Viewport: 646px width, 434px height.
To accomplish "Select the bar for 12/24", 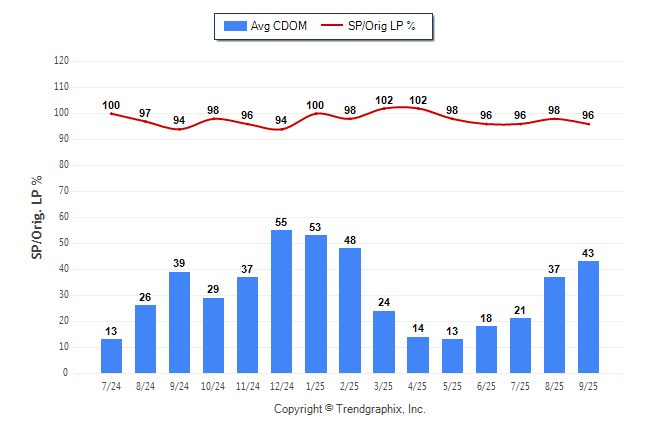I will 282,301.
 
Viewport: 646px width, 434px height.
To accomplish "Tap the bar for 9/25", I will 588,317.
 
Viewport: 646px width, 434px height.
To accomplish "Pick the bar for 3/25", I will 384,341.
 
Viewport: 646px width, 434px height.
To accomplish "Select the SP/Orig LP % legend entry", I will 377,25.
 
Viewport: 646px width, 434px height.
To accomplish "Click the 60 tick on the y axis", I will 64,217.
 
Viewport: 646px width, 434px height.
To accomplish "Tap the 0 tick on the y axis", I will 66,373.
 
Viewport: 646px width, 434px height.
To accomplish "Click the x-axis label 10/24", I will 214,386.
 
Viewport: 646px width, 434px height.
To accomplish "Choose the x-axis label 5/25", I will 452,386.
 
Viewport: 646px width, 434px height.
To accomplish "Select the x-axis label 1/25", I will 316,386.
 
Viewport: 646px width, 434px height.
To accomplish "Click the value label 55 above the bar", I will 282,222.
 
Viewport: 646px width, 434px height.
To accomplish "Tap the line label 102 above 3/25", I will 384,100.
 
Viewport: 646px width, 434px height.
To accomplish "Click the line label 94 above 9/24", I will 180,121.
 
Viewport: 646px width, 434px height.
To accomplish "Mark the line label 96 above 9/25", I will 588,115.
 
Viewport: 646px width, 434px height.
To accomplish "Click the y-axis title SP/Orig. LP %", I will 37,216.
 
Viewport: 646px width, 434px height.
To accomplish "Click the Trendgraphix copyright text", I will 350,409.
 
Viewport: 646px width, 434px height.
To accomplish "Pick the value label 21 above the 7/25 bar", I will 520,310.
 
